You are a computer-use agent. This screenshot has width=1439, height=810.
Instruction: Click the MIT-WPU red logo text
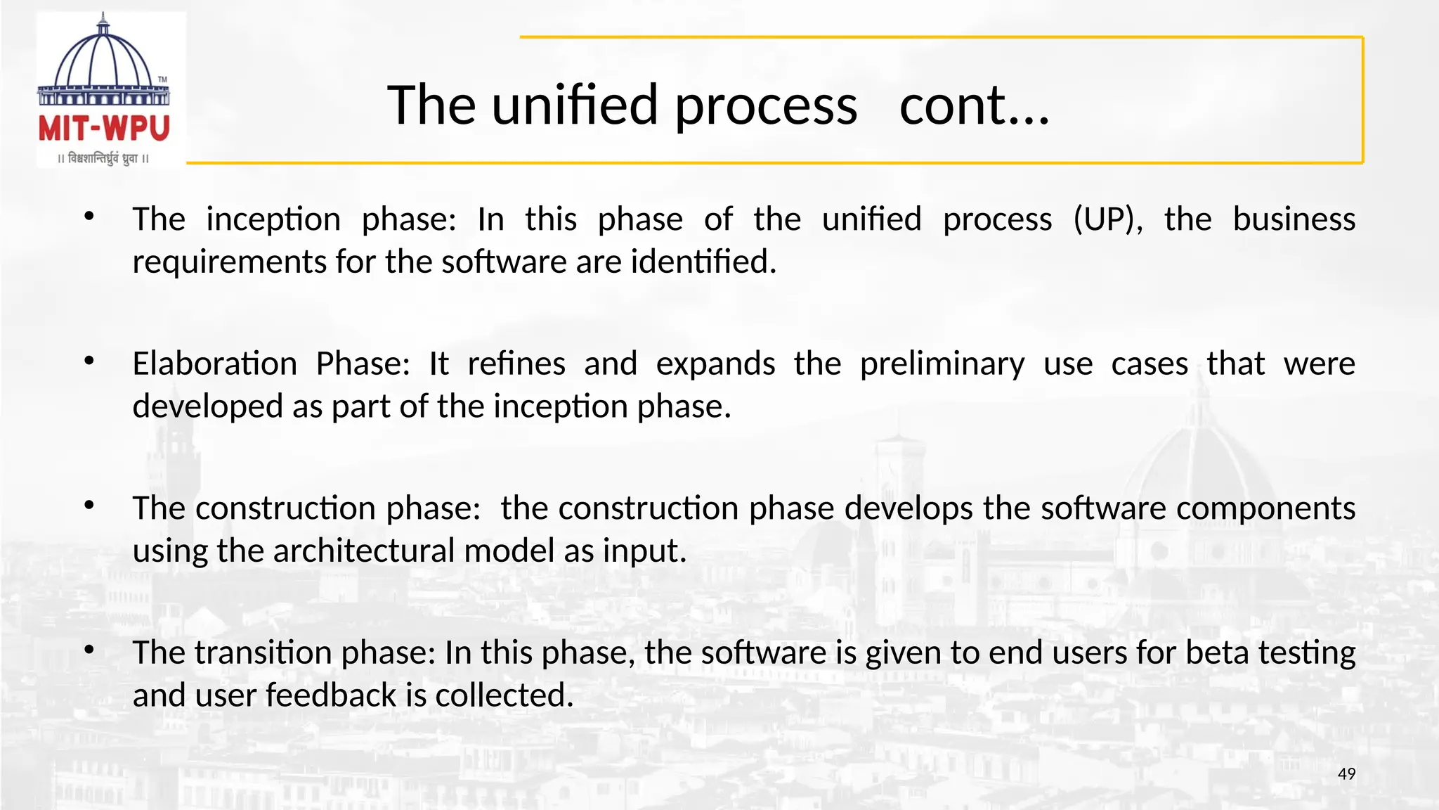(x=104, y=129)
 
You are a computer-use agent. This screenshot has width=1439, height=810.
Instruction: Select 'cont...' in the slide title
(x=974, y=105)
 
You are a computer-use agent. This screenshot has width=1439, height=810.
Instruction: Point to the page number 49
(x=1346, y=774)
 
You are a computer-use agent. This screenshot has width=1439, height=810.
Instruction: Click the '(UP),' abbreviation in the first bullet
(x=1107, y=219)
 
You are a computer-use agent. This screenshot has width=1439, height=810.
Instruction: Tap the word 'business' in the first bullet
(x=1294, y=219)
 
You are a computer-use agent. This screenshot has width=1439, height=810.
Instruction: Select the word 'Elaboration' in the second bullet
(x=215, y=364)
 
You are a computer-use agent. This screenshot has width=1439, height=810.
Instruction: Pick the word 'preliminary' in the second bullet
(x=942, y=364)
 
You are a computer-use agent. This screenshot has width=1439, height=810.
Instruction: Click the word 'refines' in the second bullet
(x=516, y=364)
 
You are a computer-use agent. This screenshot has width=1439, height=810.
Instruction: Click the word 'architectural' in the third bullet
(x=364, y=551)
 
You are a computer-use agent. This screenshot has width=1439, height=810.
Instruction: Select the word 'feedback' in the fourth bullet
(x=331, y=695)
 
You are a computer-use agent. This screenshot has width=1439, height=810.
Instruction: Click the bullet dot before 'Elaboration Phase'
(x=89, y=361)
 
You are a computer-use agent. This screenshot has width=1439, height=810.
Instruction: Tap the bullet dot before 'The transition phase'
(x=89, y=650)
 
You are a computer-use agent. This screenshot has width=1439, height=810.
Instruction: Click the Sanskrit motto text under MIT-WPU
(x=104, y=158)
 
